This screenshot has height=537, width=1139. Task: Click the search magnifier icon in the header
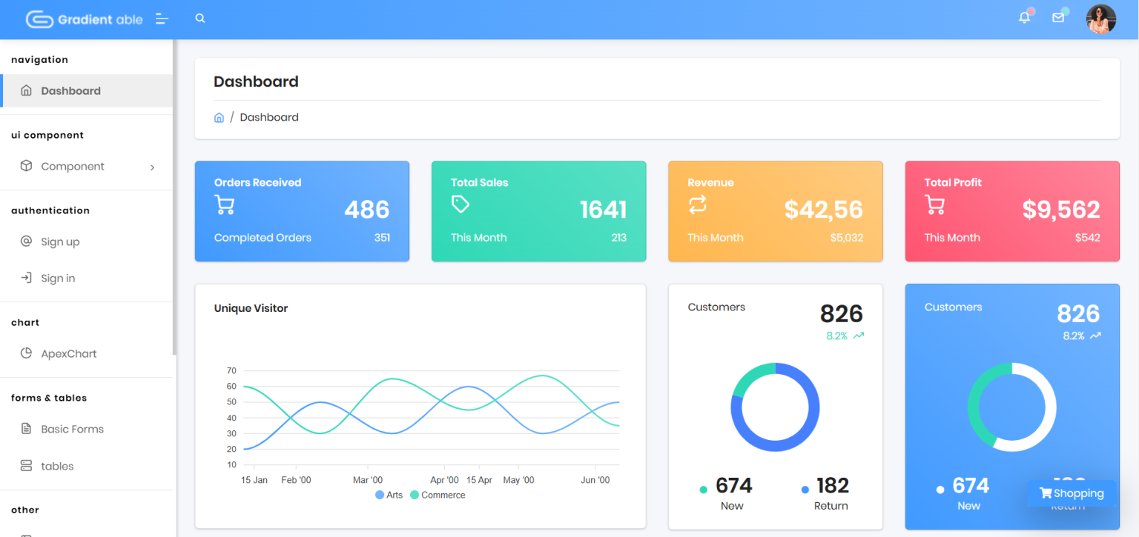(x=199, y=19)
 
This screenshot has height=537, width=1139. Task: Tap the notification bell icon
(x=1025, y=18)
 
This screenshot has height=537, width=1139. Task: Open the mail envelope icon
(x=1058, y=18)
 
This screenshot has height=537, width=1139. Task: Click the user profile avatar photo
(x=1101, y=19)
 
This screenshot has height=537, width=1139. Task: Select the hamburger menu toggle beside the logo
(x=162, y=19)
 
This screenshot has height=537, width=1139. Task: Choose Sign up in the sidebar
(x=60, y=241)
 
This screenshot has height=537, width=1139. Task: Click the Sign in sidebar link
(x=57, y=278)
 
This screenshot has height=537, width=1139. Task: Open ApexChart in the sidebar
(x=69, y=353)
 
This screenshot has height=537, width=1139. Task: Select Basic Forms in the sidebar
(x=72, y=430)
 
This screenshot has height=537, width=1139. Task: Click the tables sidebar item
(x=57, y=467)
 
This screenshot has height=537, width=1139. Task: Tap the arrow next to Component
(x=152, y=167)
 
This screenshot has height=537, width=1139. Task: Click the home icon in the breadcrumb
(x=219, y=118)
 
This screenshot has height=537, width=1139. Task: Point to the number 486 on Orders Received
(x=366, y=210)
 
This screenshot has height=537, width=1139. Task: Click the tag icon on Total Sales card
(x=460, y=204)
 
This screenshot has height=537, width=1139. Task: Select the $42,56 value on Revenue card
(x=823, y=210)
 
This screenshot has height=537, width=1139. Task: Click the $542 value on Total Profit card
(x=1087, y=238)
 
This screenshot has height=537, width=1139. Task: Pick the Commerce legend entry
(x=438, y=495)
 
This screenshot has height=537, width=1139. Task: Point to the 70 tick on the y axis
(x=231, y=371)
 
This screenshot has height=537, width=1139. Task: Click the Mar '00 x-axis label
(x=368, y=480)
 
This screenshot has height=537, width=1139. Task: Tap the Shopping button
(x=1072, y=493)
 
